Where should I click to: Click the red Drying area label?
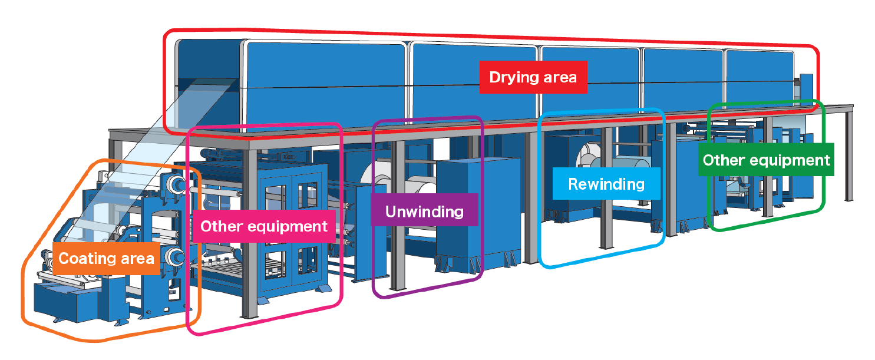[533, 77]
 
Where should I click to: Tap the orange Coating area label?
[106, 258]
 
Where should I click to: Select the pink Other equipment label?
[263, 226]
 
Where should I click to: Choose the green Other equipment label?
[766, 160]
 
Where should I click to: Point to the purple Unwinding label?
[424, 211]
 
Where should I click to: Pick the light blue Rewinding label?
[606, 184]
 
